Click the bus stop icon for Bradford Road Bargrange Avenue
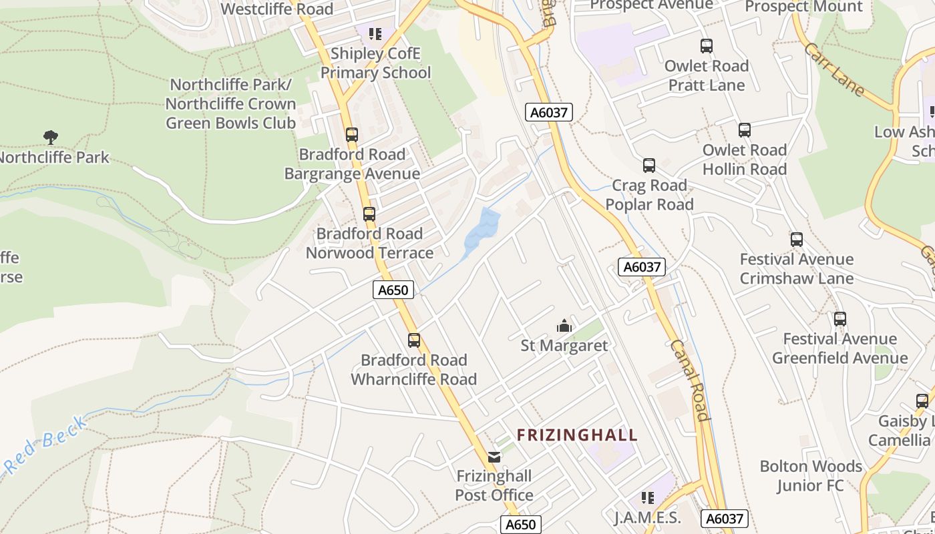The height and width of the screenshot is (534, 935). pos(352,134)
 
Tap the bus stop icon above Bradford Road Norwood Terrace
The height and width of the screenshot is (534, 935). pos(369,214)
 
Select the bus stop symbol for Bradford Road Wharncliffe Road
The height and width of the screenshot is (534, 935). pos(414,340)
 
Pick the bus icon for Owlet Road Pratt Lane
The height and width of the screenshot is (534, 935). pos(707,46)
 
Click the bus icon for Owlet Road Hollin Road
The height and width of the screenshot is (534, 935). pos(745,130)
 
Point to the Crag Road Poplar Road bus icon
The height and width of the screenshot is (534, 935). pos(649,166)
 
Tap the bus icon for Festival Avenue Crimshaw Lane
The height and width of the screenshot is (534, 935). pos(796,240)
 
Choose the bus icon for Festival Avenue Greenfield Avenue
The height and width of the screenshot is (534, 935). pos(840,319)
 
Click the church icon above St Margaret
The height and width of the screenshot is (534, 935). pos(564,326)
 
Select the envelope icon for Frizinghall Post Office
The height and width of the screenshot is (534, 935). pos(494,457)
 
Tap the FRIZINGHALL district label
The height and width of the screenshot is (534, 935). pos(577,435)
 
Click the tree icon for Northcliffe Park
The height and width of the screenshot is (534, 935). pos(50,138)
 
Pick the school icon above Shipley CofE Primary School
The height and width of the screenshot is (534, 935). pos(375,33)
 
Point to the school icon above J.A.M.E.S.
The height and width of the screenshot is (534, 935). pos(647,498)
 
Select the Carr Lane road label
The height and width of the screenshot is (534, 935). pos(835,69)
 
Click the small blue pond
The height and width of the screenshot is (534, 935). pos(484,231)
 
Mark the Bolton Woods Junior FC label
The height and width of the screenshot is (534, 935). pos(811,475)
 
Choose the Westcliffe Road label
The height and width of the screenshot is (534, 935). pos(276,9)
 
